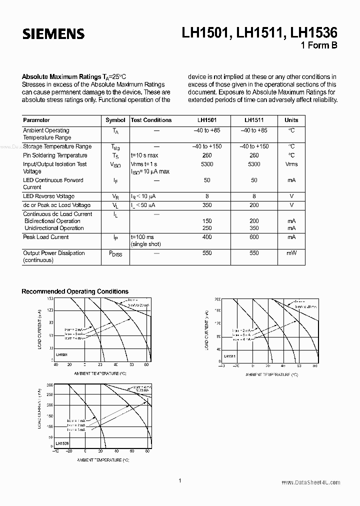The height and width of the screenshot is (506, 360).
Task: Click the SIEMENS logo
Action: pos(53,34)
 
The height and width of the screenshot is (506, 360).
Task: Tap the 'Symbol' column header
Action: pos(115,120)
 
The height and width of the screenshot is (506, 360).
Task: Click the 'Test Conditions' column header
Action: pos(151,120)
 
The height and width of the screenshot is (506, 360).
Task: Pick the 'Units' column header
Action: pos(291,120)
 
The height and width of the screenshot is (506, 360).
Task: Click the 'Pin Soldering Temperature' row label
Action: pos(55,155)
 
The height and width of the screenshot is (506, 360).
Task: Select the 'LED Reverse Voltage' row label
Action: pos(48,196)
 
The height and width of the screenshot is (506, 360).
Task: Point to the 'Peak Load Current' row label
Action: pos(46,237)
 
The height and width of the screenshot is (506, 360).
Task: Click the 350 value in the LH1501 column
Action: pos(207,205)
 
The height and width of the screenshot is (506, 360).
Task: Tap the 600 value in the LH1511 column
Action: pos(254,237)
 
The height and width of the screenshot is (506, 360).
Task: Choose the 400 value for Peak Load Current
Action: pos(207,237)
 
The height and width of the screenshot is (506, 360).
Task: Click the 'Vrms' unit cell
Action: pos(291,164)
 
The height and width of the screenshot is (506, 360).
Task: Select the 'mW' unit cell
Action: pos(291,253)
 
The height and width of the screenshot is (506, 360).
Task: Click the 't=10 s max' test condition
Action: pos(144,155)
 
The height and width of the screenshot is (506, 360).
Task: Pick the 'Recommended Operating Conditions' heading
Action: pos(75,291)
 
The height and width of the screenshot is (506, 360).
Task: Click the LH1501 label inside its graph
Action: pos(62,354)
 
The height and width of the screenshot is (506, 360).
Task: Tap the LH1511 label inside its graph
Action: pos(229,356)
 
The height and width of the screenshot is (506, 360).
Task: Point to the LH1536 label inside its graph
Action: pos(62,443)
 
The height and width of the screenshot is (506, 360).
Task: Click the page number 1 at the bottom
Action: pos(179,480)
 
